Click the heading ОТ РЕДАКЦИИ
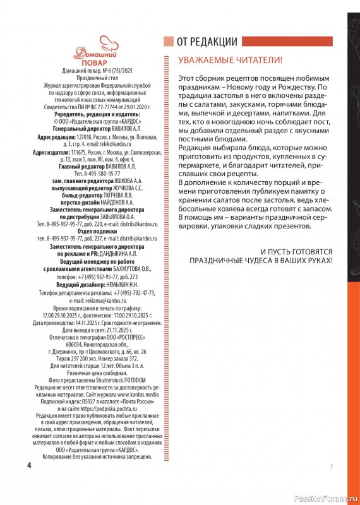pos(207,42)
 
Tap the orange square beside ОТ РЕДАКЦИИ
pos(168,42)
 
